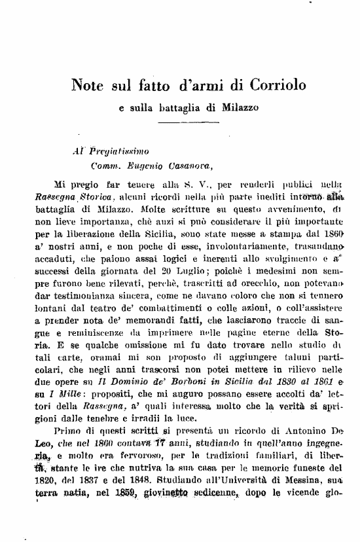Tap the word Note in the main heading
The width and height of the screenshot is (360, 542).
88,85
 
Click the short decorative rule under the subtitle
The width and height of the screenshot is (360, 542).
179,122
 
